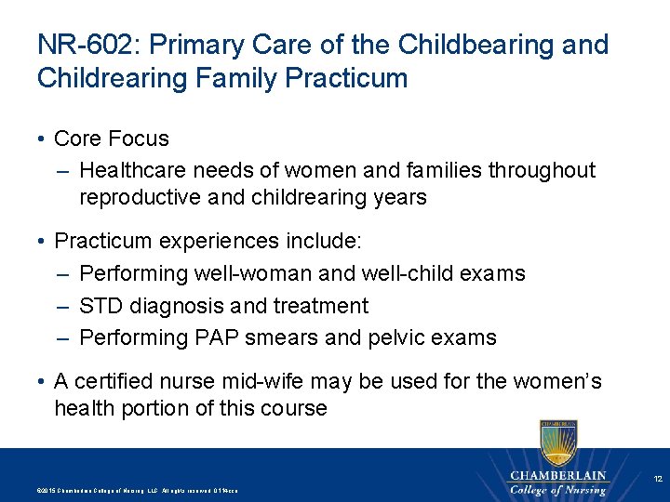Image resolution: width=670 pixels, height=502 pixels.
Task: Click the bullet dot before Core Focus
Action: [43, 139]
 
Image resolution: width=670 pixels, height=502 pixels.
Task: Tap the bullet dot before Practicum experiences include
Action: [43, 242]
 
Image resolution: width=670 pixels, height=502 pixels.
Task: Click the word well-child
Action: [408, 273]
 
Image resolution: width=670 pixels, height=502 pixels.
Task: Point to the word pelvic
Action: [396, 337]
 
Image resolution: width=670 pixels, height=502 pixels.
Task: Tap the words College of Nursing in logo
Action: [558, 489]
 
